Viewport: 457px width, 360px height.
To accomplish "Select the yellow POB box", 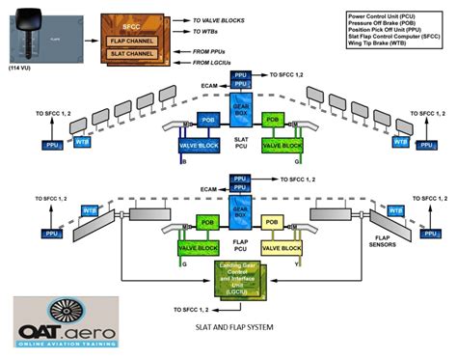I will point(275,219).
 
